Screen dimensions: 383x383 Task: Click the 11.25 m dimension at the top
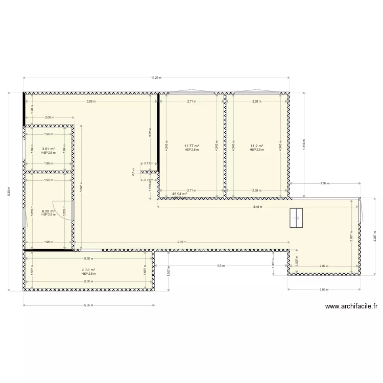click(156, 78)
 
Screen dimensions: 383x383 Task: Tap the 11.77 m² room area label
click(192, 146)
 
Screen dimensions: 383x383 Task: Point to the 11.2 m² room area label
click(257, 146)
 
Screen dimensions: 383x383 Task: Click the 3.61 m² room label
click(48, 149)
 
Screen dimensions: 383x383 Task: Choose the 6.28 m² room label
click(48, 211)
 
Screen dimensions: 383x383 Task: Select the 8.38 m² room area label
click(88, 270)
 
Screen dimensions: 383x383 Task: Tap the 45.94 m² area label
click(179, 194)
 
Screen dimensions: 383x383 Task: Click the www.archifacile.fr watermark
click(351, 307)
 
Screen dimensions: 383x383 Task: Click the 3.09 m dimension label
click(324, 290)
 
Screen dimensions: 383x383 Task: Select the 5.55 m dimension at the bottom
click(88, 305)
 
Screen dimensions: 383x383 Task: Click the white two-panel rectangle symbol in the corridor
click(296, 218)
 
